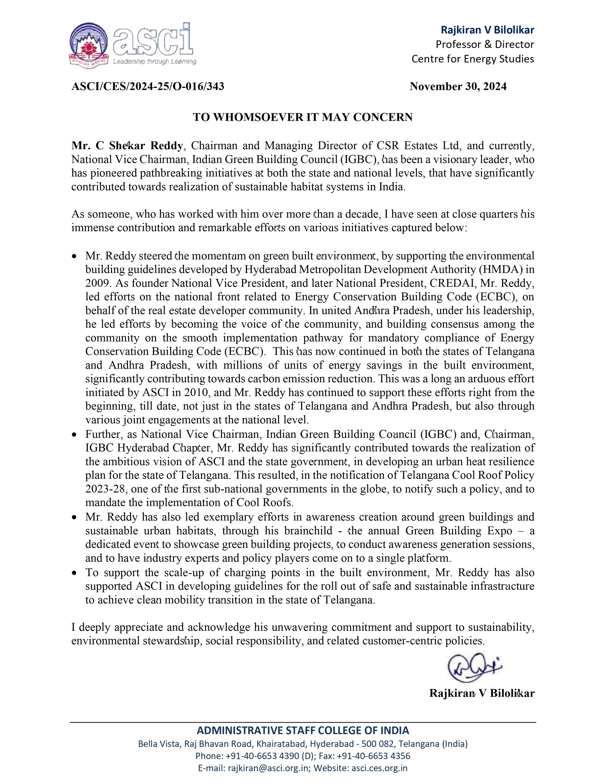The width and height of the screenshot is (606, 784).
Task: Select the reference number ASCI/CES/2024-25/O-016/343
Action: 148,86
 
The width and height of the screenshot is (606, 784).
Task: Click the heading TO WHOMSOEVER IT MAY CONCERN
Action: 303,117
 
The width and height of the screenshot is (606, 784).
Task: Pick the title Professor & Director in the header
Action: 485,44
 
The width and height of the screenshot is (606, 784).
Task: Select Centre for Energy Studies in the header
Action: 472,59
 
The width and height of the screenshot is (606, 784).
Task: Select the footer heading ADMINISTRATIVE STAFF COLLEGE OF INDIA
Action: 303,731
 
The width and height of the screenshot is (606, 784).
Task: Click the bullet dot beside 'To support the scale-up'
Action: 74,573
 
